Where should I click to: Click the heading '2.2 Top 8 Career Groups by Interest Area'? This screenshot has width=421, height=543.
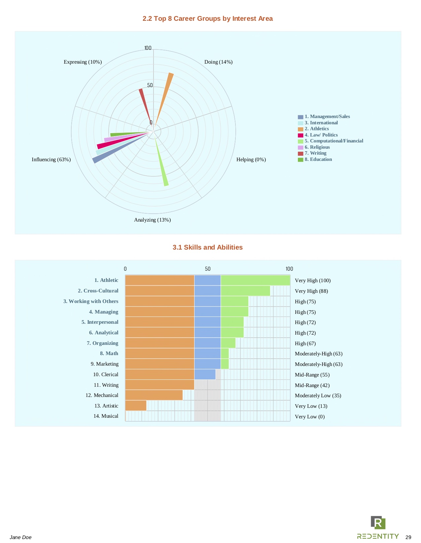point(207,19)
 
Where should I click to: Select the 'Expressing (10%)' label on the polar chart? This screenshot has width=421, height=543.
point(83,62)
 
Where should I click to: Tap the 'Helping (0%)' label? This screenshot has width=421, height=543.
point(251,160)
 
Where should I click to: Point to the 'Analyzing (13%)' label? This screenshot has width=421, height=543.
point(152,220)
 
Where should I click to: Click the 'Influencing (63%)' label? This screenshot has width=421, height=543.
point(51,160)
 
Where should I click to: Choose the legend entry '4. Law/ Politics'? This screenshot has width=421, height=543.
point(321,135)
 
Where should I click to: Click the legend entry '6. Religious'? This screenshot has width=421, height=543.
point(317,147)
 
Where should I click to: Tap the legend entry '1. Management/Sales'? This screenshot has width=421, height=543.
point(327,116)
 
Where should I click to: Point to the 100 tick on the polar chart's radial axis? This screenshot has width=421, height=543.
point(148,48)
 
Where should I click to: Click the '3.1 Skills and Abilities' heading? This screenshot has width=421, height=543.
point(207,248)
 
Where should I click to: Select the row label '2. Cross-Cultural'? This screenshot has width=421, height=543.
point(98,291)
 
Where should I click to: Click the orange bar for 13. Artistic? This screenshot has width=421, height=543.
point(136,406)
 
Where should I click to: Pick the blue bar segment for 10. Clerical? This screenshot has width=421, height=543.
point(205,375)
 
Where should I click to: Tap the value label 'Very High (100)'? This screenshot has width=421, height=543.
point(313,281)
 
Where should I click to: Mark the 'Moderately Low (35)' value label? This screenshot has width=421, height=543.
point(318,396)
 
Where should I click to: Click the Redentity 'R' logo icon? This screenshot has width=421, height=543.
point(378,523)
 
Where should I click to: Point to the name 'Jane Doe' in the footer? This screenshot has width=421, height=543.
point(20,537)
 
